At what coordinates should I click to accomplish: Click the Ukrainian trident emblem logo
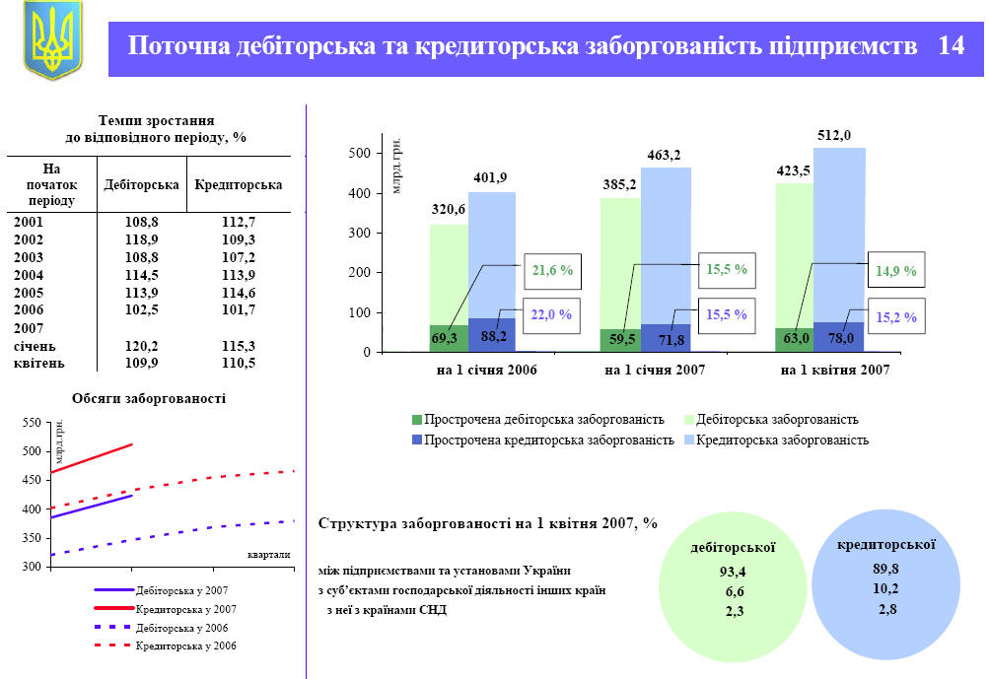(x=52, y=41)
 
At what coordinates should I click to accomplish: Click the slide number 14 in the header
(x=951, y=46)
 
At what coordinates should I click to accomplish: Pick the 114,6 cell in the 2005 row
(x=239, y=293)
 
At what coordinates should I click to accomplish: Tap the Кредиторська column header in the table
(x=239, y=184)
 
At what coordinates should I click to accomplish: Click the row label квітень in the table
(x=39, y=363)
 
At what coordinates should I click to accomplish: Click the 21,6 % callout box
(x=552, y=269)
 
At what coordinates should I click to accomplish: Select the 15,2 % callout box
(x=896, y=317)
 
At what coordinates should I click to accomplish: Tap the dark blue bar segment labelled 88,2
(x=492, y=336)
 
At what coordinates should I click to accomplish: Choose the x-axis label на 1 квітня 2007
(x=834, y=371)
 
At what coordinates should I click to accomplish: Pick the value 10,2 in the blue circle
(x=886, y=588)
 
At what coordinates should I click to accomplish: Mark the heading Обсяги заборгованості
(x=149, y=399)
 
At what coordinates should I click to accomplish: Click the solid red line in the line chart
(x=89, y=458)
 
